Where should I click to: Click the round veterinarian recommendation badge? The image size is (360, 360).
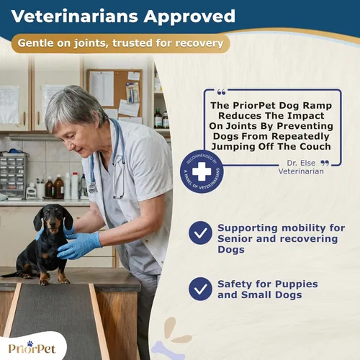pos(202,171)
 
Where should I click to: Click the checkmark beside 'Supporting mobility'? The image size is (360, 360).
pos(200,232)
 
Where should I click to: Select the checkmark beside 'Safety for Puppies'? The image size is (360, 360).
pos(200,288)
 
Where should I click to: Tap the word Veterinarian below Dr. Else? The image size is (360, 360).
pos(303,172)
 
